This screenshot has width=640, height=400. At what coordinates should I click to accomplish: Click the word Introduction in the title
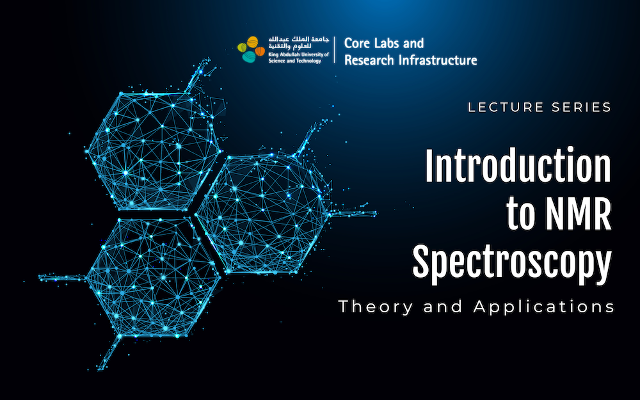518,166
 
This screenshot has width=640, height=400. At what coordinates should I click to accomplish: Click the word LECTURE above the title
506,108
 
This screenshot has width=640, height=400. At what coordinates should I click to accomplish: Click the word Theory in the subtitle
376,307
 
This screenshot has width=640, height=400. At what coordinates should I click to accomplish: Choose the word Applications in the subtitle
544,307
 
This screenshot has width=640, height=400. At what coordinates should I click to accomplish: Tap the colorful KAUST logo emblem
251,49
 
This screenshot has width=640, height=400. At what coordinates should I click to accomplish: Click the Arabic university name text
298,43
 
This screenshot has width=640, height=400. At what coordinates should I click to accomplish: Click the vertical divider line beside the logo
335,50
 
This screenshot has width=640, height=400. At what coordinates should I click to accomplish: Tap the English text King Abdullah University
298,54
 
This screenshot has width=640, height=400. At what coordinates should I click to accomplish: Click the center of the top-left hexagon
154,151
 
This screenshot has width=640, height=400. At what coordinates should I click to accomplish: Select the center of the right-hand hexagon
261,214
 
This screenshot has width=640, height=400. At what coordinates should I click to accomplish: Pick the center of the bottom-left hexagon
154,278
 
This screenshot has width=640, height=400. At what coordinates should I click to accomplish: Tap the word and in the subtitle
444,307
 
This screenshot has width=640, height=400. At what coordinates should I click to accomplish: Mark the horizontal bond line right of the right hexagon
352,213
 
